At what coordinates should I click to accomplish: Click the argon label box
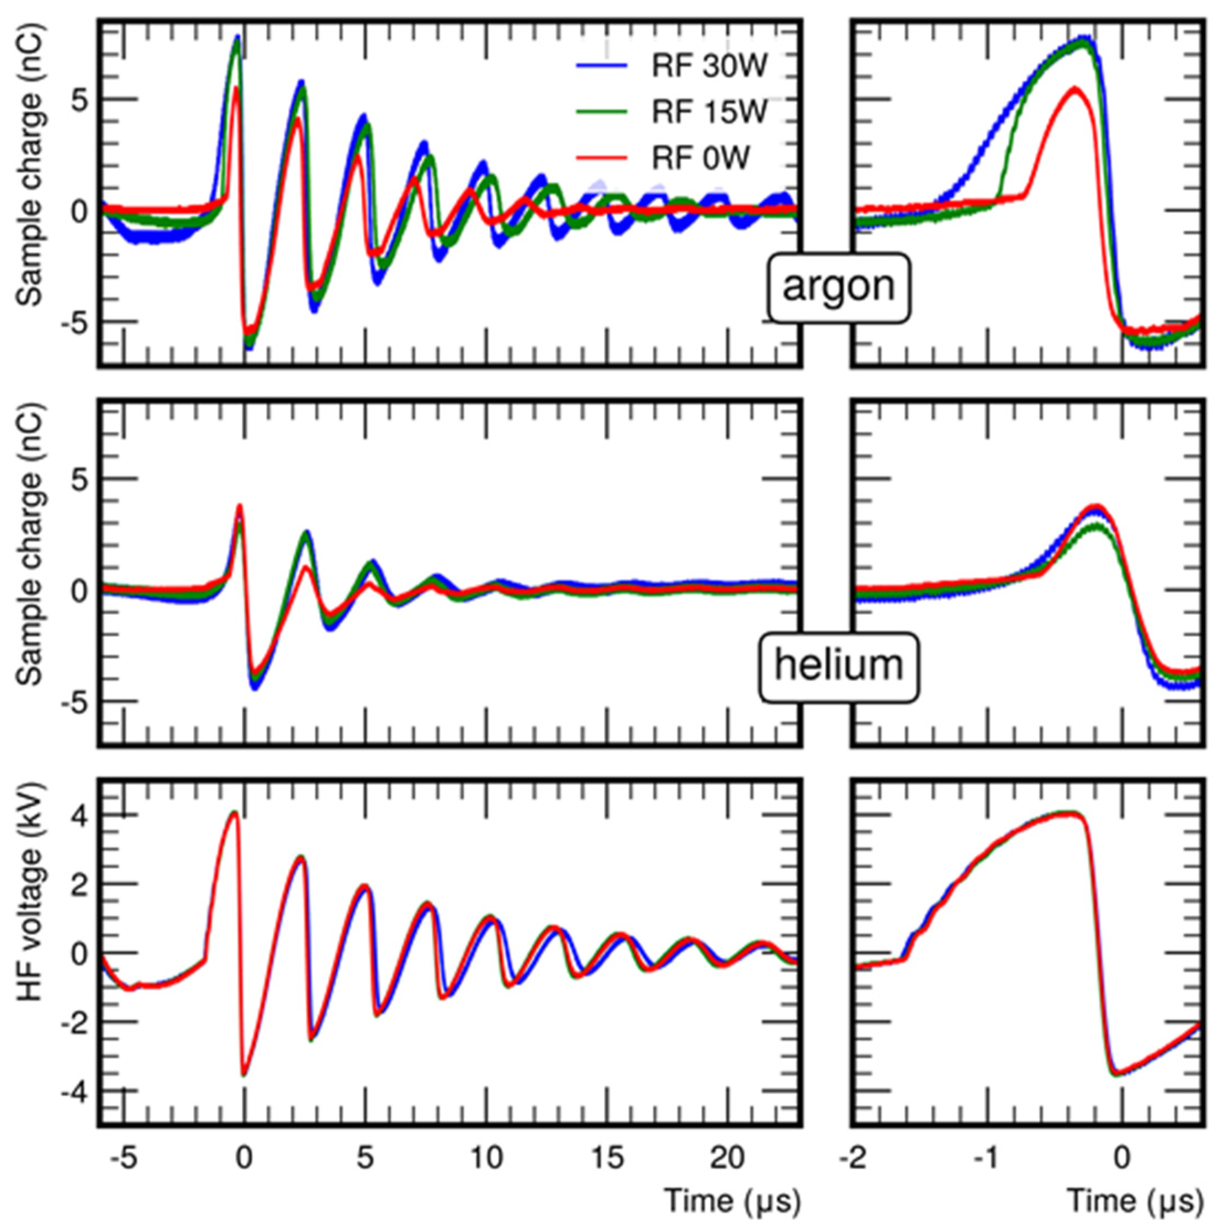tap(838, 288)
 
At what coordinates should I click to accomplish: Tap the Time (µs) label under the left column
tap(732, 1202)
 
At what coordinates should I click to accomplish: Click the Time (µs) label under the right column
tap(1136, 1202)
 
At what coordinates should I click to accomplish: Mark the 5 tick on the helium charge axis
tap(77, 480)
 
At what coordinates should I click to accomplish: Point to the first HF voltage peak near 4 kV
tap(234, 813)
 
